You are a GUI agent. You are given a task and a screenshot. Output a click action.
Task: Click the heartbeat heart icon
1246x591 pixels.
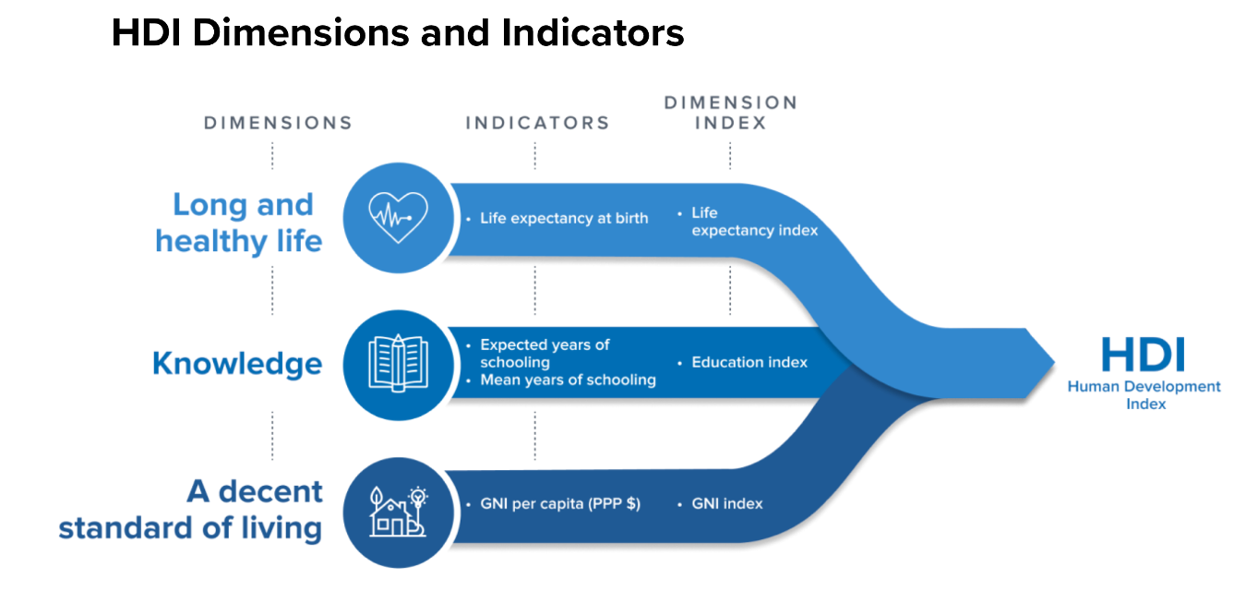(x=398, y=218)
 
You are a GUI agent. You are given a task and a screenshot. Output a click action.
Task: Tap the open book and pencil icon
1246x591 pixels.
(x=398, y=363)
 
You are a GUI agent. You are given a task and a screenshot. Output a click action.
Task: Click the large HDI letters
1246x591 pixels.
(x=1144, y=356)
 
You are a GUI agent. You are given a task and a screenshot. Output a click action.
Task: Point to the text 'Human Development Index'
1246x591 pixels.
(x=1144, y=395)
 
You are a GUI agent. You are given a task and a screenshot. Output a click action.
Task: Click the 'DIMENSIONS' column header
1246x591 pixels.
(x=278, y=123)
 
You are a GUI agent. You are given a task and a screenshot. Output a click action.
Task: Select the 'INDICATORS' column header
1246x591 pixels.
(x=537, y=123)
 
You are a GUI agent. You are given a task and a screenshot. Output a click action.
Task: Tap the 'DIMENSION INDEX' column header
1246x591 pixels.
(x=730, y=112)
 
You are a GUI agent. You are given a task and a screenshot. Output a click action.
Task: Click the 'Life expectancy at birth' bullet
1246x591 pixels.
(x=564, y=219)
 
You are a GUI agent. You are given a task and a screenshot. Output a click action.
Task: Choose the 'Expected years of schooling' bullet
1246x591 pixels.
(x=545, y=353)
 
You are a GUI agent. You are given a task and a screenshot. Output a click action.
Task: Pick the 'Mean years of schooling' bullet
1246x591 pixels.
(x=568, y=380)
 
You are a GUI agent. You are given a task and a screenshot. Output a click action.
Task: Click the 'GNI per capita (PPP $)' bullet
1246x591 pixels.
(x=559, y=504)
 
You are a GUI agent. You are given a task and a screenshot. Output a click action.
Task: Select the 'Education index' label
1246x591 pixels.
(x=749, y=362)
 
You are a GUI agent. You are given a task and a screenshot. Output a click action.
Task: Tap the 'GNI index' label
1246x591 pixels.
(x=727, y=504)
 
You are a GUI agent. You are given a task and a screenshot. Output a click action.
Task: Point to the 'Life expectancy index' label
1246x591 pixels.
(x=754, y=222)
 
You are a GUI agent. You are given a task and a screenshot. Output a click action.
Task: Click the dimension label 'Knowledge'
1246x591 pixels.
(x=237, y=363)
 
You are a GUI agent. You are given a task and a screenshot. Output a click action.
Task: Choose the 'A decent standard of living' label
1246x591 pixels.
(x=191, y=510)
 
